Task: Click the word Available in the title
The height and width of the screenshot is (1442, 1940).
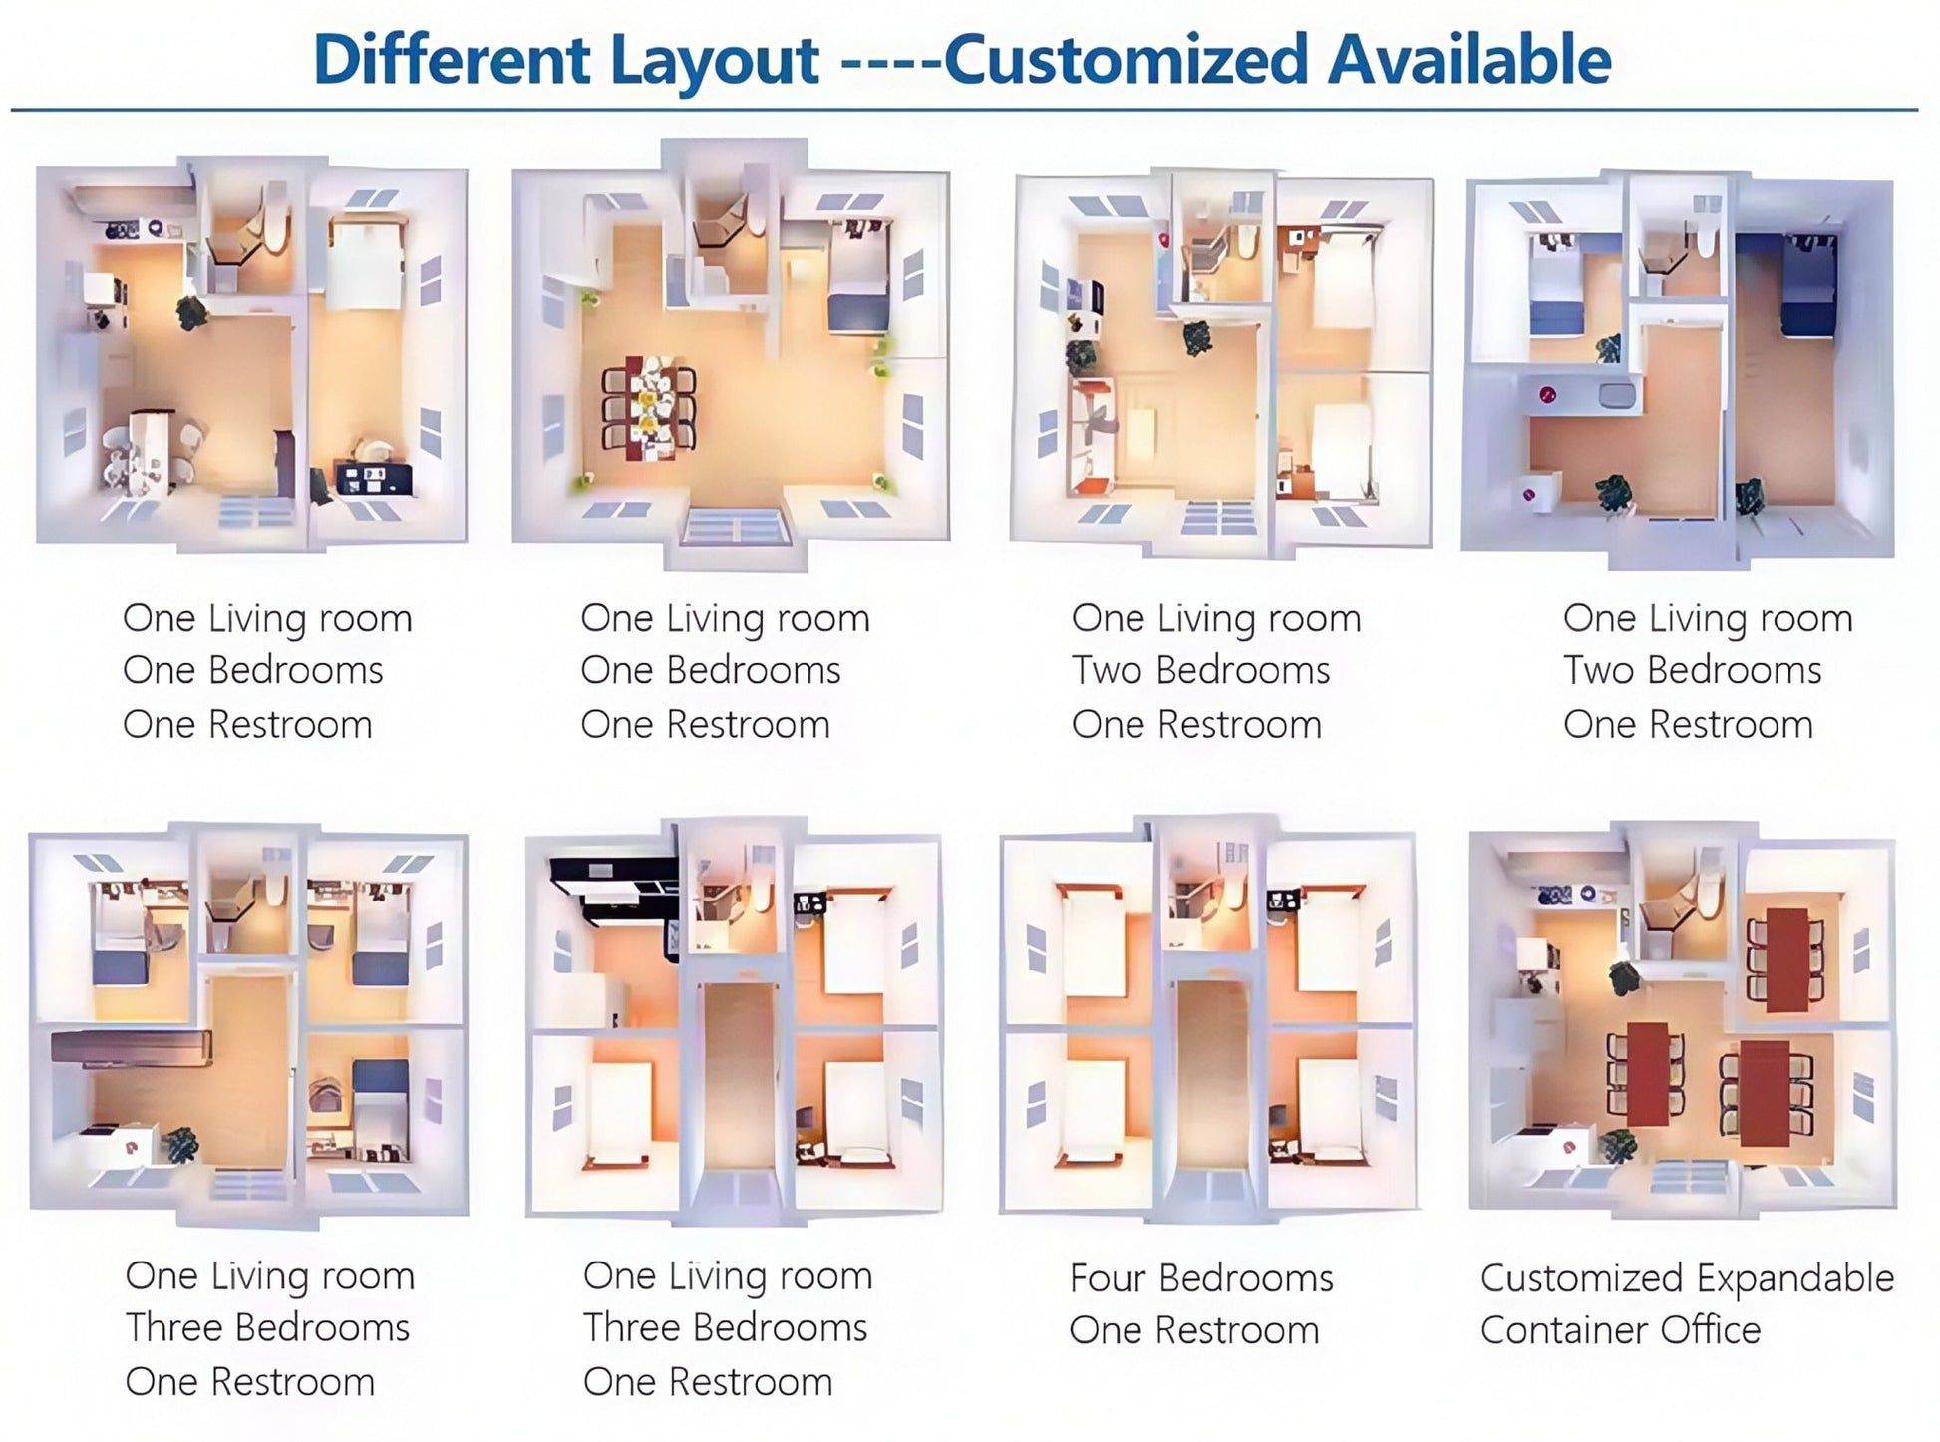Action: [x=1470, y=59]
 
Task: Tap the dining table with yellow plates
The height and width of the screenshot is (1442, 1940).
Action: [x=649, y=408]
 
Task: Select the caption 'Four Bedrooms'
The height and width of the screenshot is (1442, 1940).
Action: [x=1201, y=1277]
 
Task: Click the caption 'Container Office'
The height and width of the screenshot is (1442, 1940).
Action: [x=1620, y=1329]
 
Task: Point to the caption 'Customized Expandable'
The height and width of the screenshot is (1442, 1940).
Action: [x=1687, y=1278]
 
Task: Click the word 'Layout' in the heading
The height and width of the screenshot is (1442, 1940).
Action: [x=714, y=61]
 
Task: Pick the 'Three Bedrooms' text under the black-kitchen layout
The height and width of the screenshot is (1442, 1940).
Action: [x=725, y=1327]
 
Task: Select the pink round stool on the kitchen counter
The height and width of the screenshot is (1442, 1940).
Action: [x=1546, y=395]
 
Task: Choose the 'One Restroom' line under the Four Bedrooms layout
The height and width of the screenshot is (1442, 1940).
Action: [x=1193, y=1330]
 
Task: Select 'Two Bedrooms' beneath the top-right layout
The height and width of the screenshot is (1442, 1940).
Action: [x=1692, y=670]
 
